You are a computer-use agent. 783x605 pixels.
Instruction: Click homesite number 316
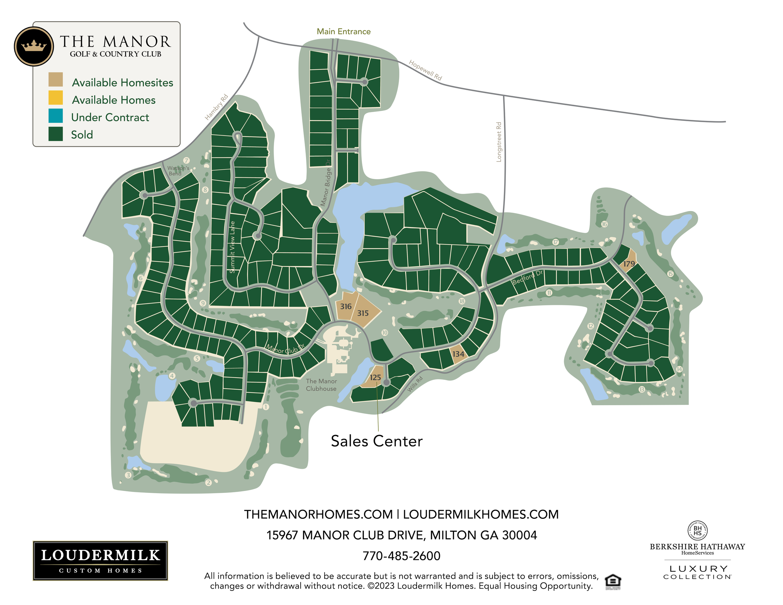[x=345, y=307]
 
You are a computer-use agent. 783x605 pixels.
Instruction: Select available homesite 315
[x=363, y=313]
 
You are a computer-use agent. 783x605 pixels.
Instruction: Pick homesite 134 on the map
[x=458, y=354]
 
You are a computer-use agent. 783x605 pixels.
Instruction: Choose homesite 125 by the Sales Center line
[x=375, y=377]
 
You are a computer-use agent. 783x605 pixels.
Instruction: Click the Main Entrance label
[x=344, y=32]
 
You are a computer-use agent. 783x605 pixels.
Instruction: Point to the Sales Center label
[x=376, y=441]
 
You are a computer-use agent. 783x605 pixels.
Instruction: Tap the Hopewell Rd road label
[x=425, y=70]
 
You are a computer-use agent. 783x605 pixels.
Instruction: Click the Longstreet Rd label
[x=499, y=142]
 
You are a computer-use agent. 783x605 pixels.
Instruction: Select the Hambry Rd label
[x=216, y=107]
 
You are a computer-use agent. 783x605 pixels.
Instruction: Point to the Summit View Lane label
[x=232, y=247]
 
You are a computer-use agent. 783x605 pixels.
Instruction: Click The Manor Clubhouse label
[x=321, y=385]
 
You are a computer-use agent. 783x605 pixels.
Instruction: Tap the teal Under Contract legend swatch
[x=55, y=116]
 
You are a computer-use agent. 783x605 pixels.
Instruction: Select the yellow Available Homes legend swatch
[x=55, y=98]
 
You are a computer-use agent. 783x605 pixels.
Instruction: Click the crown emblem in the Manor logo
[x=34, y=46]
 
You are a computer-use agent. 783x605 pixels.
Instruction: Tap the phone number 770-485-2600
[x=401, y=556]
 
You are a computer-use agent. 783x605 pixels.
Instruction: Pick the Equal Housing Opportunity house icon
[x=613, y=581]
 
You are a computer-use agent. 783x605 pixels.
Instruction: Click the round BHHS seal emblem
[x=697, y=530]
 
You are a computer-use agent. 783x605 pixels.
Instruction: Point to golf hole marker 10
[x=384, y=333]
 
